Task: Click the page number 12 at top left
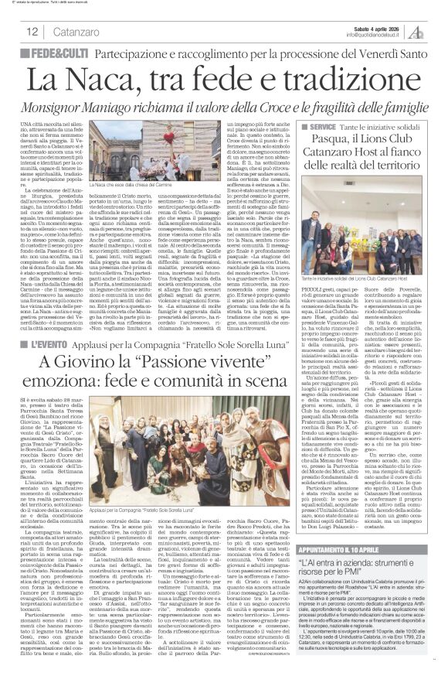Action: click(32, 32)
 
